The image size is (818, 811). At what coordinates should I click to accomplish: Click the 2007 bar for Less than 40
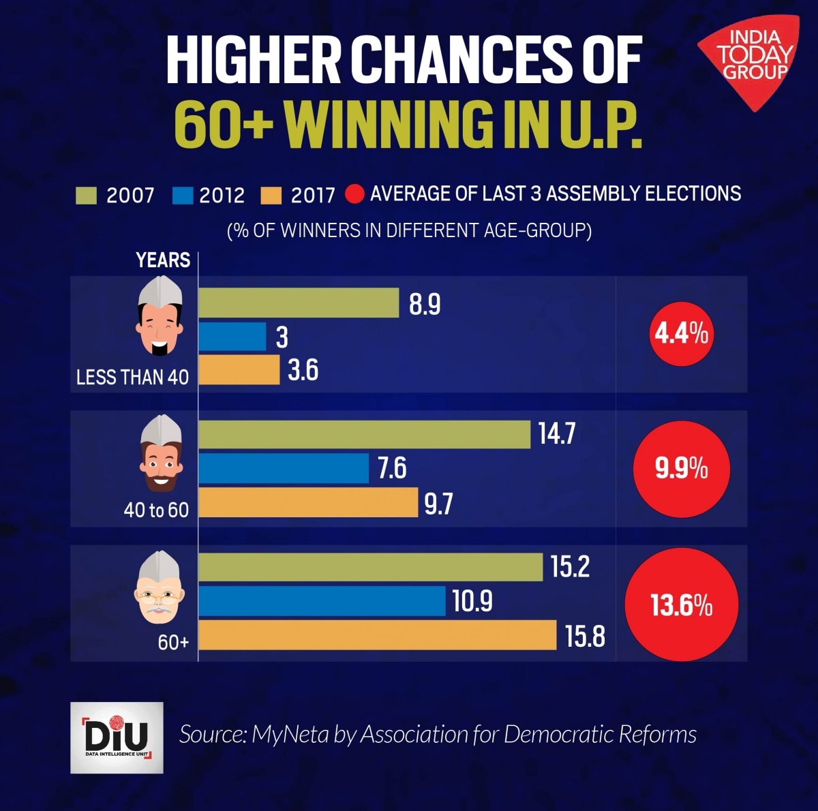point(299,303)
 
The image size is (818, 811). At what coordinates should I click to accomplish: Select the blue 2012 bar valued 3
point(232,337)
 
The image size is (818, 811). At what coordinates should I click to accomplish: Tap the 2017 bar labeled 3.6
point(239,370)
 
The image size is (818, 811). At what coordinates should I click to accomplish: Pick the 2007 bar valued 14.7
point(364,435)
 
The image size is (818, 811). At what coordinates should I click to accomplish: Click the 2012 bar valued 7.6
point(284,468)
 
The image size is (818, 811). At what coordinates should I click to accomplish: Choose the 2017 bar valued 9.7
point(308,502)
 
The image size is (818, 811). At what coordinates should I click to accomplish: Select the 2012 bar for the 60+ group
point(322,601)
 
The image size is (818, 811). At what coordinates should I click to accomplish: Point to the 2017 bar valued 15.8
point(378,635)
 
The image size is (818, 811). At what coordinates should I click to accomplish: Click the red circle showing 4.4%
point(682,334)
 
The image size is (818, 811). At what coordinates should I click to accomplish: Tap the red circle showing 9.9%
point(682,469)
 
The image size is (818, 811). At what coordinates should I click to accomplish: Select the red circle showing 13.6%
point(682,605)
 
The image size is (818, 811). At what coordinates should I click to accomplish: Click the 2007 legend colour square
point(87,196)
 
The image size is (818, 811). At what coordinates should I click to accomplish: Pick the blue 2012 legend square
point(183,196)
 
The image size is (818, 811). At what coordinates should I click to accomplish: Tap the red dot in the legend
point(355,195)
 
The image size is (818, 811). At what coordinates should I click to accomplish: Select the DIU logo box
point(117,737)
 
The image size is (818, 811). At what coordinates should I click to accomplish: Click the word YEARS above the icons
point(163,260)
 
